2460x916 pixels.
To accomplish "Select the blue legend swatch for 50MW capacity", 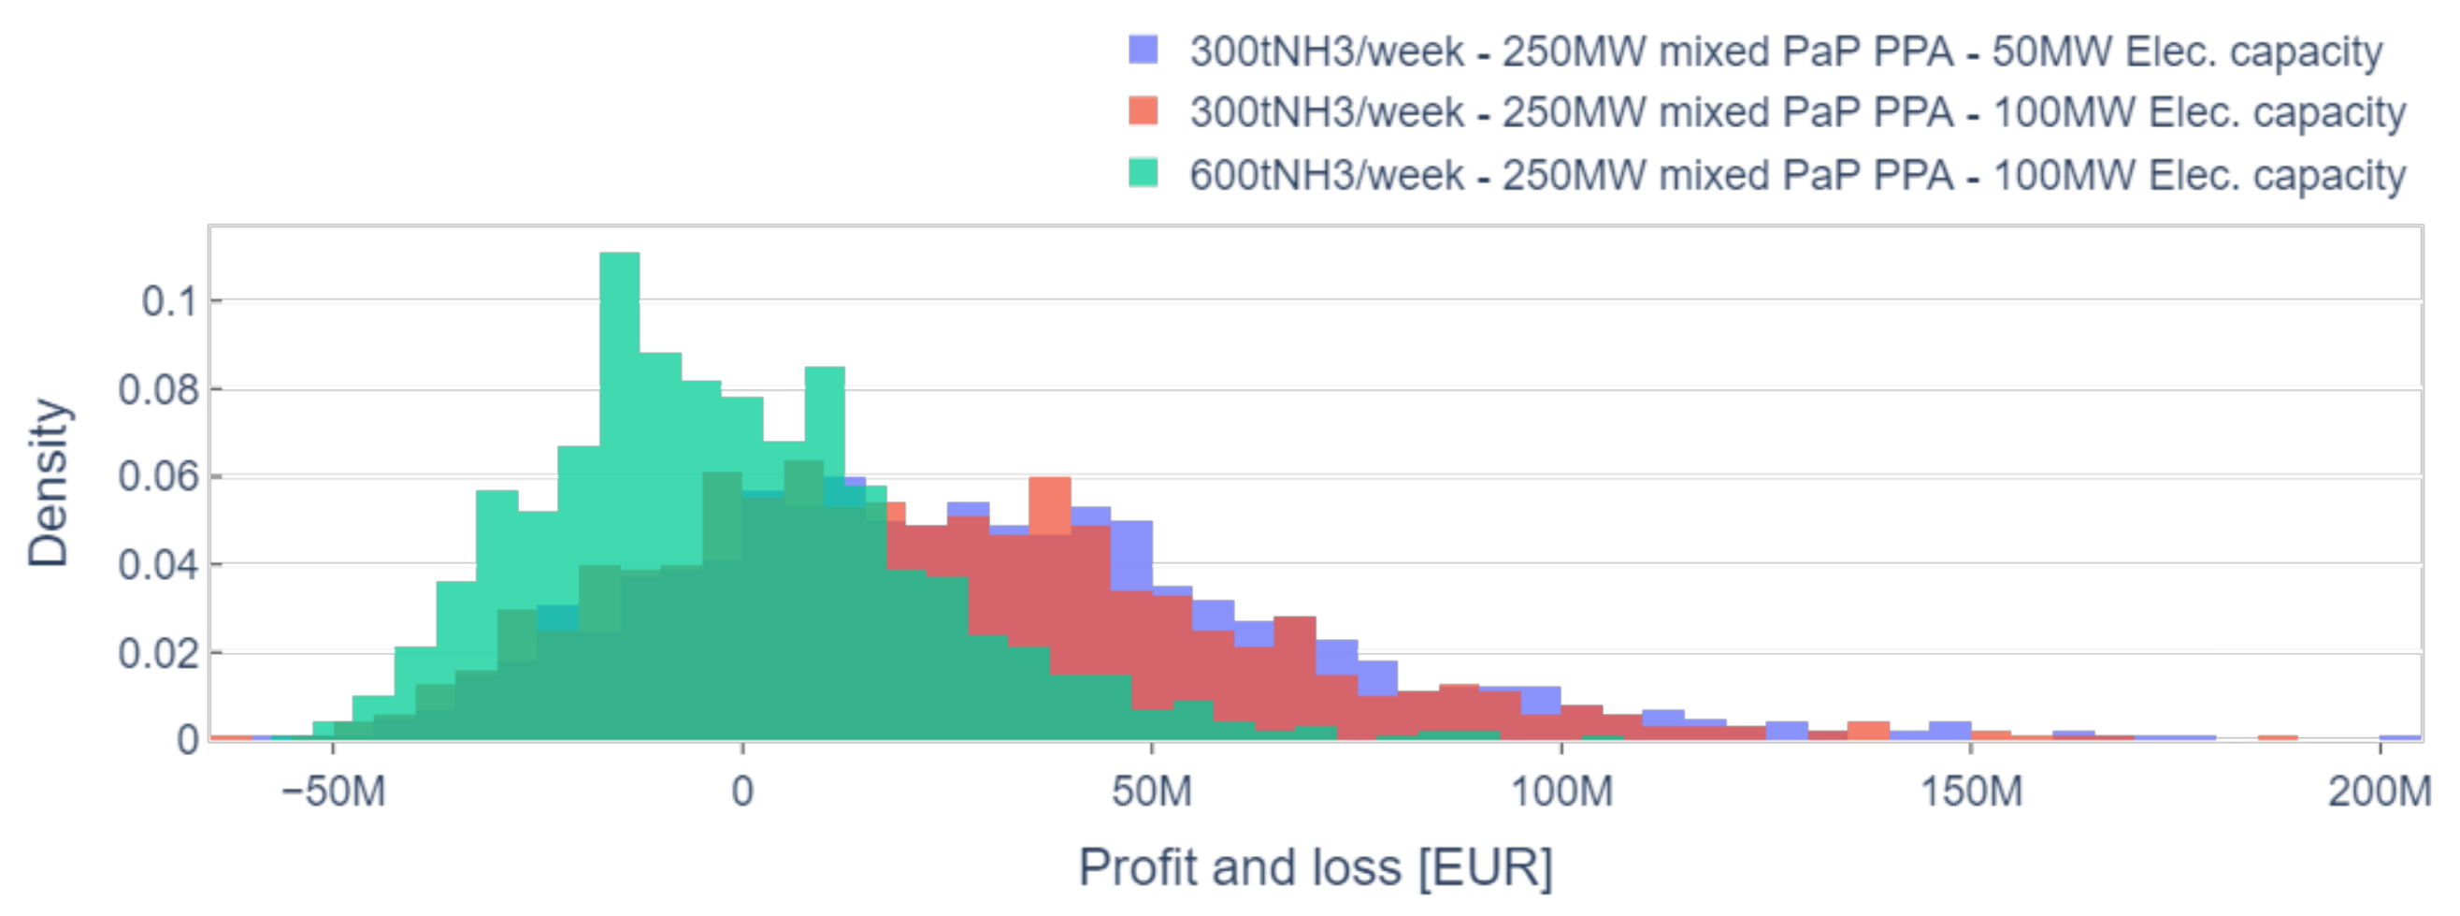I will pos(1144,50).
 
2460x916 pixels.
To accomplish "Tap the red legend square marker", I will pos(1144,111).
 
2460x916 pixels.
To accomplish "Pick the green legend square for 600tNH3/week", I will pos(1144,174).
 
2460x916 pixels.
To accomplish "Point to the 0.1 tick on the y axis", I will pos(169,302).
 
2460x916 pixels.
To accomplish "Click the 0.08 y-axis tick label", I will pos(158,390).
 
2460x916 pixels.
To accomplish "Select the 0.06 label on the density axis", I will pos(158,476).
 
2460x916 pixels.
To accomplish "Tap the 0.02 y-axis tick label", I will pos(158,654).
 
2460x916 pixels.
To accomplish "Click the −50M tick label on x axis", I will pos(332,792).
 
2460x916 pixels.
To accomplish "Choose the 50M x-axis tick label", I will pos(1152,792).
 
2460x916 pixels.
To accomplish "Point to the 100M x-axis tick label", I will pos(1561,792).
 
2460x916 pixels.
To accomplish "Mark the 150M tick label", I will pos(1970,792).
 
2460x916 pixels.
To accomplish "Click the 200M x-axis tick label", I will pos(2379,792).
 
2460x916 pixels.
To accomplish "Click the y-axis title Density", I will pos(48,483).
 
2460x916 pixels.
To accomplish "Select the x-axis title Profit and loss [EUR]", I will pos(1315,867).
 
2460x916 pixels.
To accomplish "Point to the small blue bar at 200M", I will pos(2399,737).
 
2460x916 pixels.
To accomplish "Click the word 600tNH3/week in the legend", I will pos(1326,175).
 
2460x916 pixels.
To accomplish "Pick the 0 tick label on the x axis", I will pos(742,792).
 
